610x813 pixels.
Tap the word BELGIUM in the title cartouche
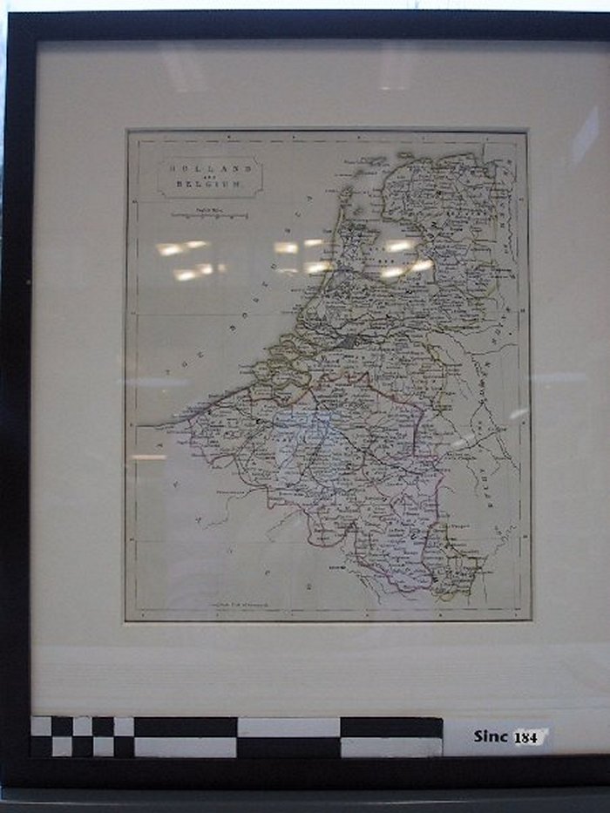pos(209,185)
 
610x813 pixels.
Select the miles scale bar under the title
pos(209,214)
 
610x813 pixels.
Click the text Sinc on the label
pos(491,736)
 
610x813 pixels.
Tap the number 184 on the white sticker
pos(526,737)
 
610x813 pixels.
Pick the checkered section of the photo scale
pos(82,736)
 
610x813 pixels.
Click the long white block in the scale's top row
pos(288,727)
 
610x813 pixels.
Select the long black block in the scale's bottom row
pos(288,747)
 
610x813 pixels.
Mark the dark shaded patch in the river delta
pos(351,341)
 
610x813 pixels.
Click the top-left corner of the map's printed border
pos(127,132)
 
